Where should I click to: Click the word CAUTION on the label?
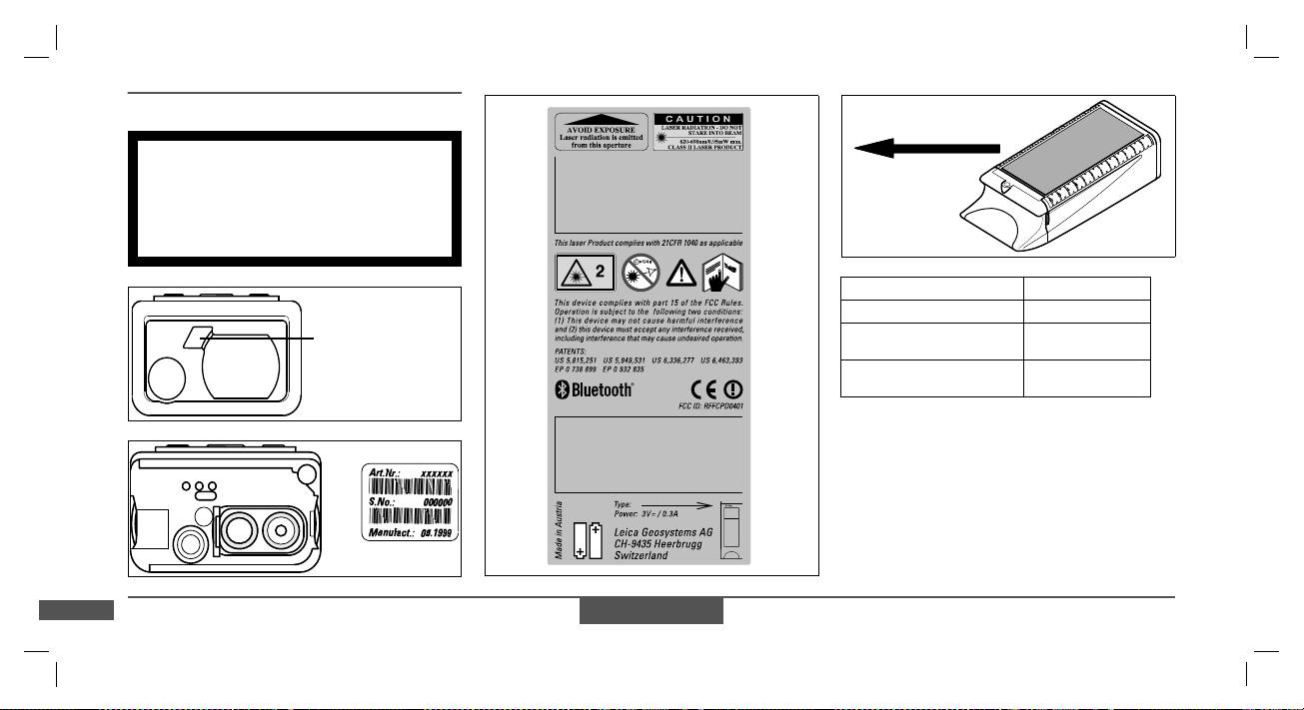[x=697, y=119]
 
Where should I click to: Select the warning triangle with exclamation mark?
[x=680, y=272]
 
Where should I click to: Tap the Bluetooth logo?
[x=595, y=389]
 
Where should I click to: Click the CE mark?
[x=703, y=389]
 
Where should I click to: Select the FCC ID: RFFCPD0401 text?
[x=709, y=407]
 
